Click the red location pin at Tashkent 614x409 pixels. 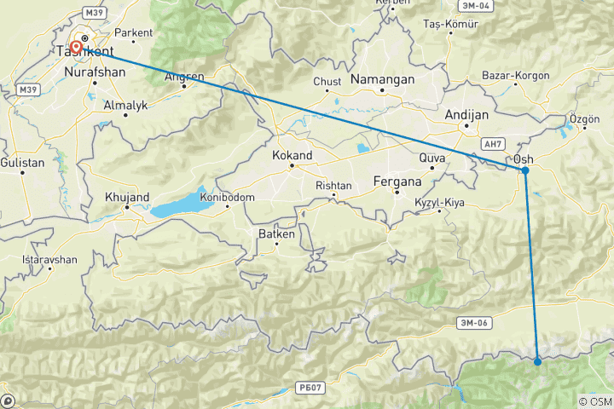tap(77, 48)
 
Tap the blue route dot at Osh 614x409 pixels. tap(525, 170)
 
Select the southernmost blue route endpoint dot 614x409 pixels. tap(537, 362)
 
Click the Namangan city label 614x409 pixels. tap(384, 79)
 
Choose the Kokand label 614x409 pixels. tap(292, 156)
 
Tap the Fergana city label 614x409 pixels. tap(398, 181)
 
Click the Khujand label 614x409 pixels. tap(126, 196)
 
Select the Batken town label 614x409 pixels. tap(276, 233)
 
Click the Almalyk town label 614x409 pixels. tap(125, 106)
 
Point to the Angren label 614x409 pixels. tap(185, 77)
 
